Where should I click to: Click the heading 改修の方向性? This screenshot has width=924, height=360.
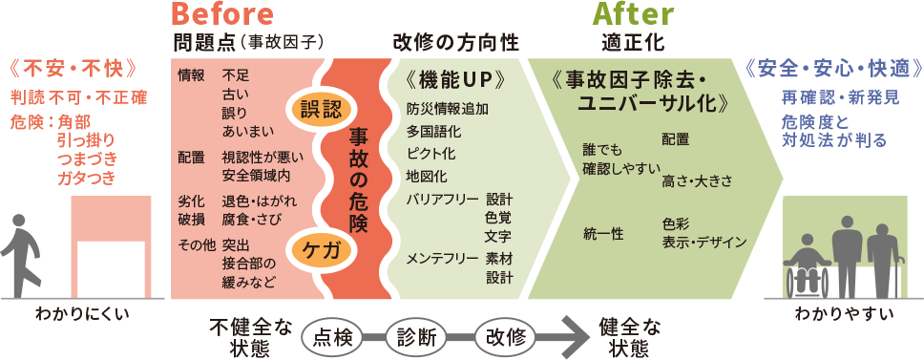pos(455,42)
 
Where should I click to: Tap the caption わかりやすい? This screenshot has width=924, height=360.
pos(840,314)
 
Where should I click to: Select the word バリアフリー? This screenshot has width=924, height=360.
pos(441,199)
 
